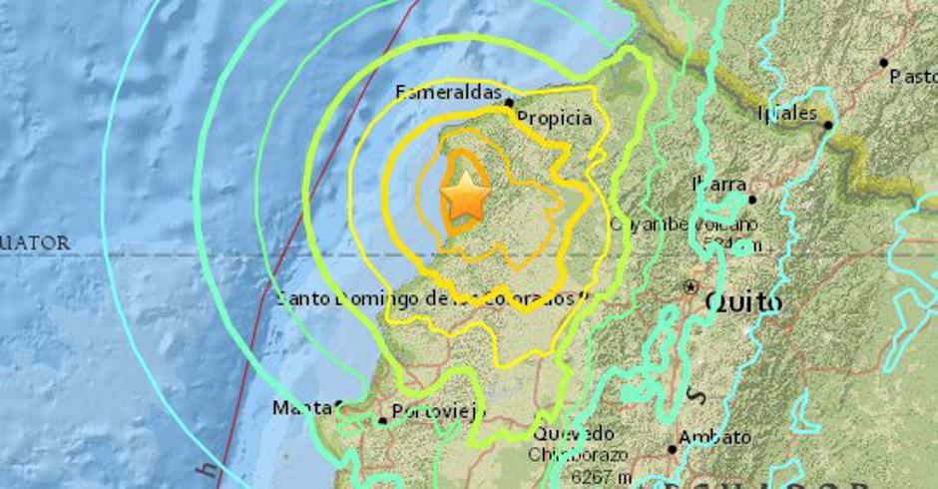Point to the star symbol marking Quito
pos(691,287)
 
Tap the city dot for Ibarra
pos(751,200)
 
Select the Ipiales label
pos(788,112)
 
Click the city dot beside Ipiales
pos(828,125)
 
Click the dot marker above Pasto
pos(883,63)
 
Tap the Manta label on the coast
pos(301,407)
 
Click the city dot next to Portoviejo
pos(382,421)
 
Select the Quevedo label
pos(573,433)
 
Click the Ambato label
pos(714,436)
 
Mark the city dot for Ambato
pos(673,450)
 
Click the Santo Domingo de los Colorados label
pos(429,297)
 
